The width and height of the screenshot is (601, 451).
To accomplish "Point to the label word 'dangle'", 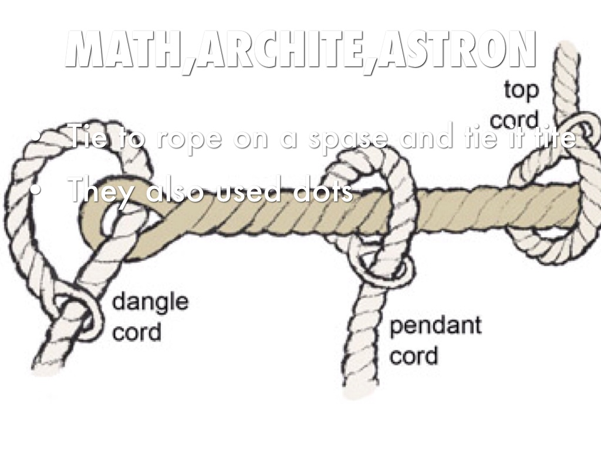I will [150, 303].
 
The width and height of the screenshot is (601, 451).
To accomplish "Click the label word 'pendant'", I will [435, 326].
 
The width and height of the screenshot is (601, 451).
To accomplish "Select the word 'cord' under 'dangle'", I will [136, 332].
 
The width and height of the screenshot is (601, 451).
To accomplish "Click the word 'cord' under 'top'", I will [514, 121].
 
